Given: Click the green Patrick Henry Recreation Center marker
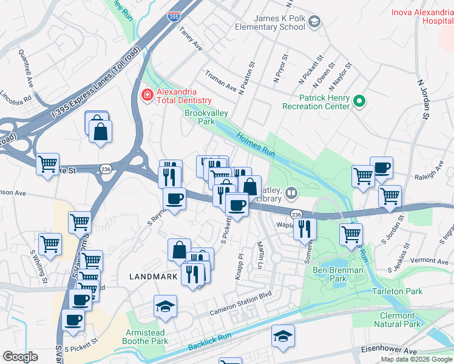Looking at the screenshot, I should [x=359, y=101].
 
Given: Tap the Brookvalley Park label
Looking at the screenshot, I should [x=200, y=117].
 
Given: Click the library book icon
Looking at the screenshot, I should [x=291, y=194].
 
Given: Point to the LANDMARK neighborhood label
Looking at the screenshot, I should [x=154, y=277].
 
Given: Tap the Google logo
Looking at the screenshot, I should [x=20, y=356].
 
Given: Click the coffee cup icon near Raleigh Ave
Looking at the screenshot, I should [x=381, y=168].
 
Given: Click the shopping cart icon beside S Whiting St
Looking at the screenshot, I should [x=50, y=244].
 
